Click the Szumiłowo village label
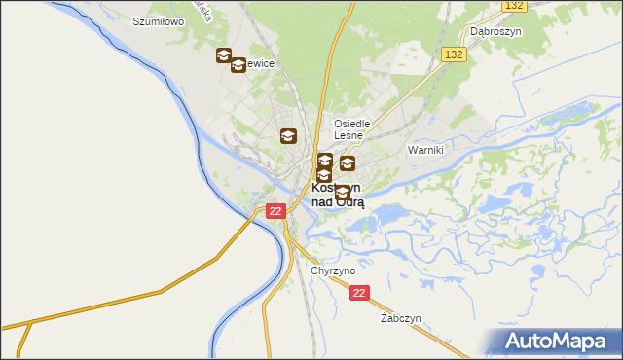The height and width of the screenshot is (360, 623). point(159,19)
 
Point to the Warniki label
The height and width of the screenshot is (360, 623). point(425,150)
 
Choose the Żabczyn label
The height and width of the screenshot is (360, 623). point(400,318)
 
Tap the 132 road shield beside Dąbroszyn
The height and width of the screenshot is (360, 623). point(515,6)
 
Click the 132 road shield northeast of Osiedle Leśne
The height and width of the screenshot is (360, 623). point(452,54)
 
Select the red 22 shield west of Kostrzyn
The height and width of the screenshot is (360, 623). point(275,210)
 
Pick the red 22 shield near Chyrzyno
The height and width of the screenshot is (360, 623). point(360,292)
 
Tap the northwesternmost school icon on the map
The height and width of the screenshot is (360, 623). point(224,56)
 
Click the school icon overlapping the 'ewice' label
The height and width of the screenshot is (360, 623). point(238,64)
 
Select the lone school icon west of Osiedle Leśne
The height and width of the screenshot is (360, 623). point(288,136)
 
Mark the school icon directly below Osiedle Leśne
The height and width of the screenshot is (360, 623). point(347,163)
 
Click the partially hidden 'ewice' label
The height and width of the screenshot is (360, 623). point(261,63)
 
